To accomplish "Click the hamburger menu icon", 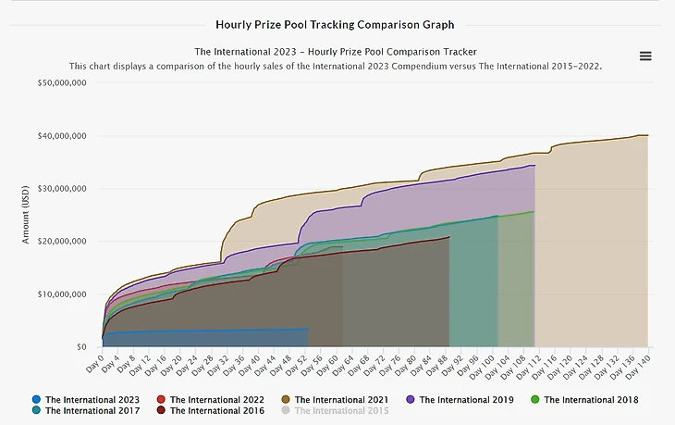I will coord(645,56).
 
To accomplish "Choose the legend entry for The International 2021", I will coord(334,400).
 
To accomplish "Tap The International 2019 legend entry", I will coord(459,400).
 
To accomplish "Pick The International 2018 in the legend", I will coord(583,400).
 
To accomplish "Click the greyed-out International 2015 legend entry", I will coord(334,410).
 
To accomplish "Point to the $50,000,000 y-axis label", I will coord(61,83).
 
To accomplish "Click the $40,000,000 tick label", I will coord(61,136).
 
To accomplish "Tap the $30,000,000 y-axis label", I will coord(61,189).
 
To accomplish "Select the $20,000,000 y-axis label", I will coord(61,242).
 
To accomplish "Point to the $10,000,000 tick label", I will coord(61,294).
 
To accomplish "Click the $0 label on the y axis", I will coord(81,347).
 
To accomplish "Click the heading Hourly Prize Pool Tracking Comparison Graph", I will coord(335,25).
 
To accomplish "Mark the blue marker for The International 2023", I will coord(36,400).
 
